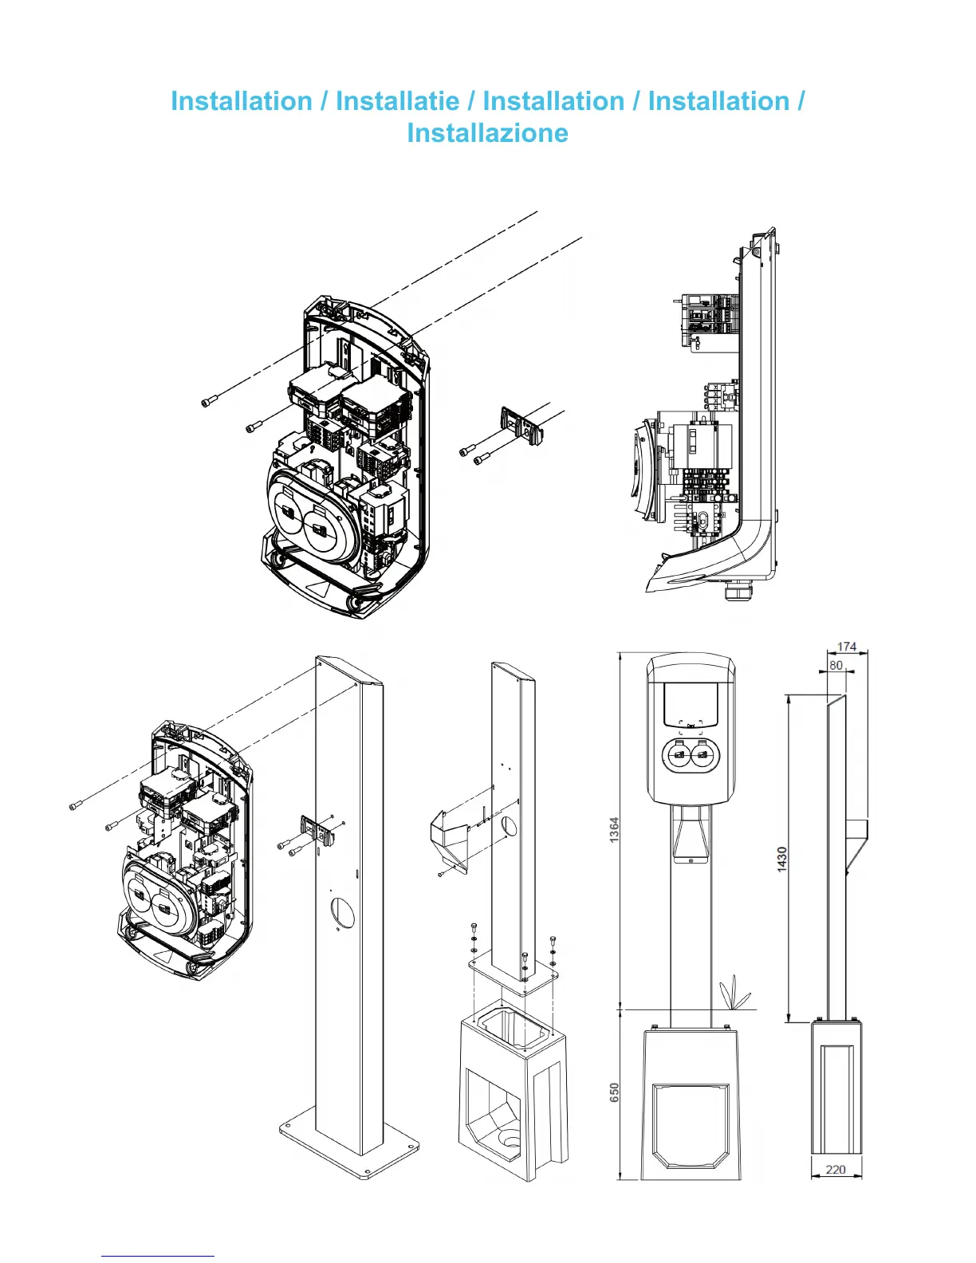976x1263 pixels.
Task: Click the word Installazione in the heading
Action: tap(487, 133)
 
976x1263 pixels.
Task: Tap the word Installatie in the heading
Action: tap(397, 101)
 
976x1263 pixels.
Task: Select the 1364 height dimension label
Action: tap(614, 830)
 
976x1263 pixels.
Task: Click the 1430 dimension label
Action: tap(782, 859)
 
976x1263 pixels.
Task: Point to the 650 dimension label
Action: tap(614, 1092)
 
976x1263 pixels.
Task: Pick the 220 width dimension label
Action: tap(836, 1170)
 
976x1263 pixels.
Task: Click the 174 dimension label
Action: tap(847, 647)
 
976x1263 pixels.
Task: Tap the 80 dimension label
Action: tap(836, 665)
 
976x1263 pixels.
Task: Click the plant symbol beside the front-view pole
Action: tap(734, 994)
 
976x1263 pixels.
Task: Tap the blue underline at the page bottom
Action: tap(157, 1256)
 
